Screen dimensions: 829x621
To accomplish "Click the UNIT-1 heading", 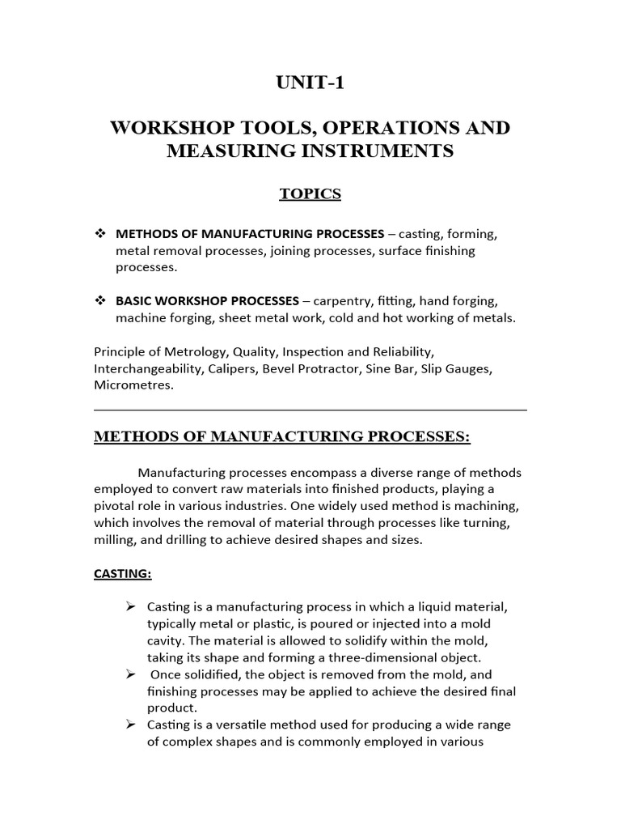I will (x=310, y=84).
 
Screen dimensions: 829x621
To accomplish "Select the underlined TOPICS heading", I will (x=310, y=193).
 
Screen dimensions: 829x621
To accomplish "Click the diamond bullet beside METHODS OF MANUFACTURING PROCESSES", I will (x=101, y=234).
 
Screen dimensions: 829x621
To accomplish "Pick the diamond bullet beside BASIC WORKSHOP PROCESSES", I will (x=101, y=300).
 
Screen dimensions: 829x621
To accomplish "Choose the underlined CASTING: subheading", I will (x=123, y=574).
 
